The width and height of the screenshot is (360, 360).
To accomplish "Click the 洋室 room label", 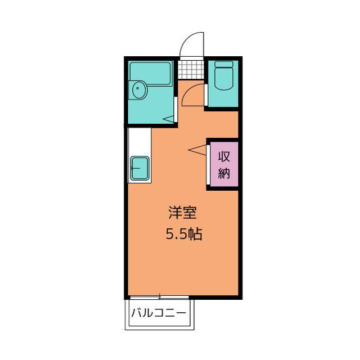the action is tap(182, 213).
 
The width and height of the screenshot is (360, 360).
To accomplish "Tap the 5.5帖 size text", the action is tap(184, 234).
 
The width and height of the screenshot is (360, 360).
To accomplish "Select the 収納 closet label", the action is tap(224, 165).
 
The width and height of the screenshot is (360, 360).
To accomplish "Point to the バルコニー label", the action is tap(159, 313).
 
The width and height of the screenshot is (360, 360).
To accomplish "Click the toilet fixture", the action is tap(224, 75).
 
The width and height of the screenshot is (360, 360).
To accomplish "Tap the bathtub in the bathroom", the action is tap(150, 74).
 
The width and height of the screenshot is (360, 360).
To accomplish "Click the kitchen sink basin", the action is tap(139, 168).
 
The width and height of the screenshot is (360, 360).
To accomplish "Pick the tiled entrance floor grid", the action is tap(191, 70).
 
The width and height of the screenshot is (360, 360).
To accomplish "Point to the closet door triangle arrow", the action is tap(197, 150).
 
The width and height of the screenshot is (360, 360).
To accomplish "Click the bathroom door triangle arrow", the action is tap(168, 119).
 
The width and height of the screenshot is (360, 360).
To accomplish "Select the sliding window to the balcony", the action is tap(159, 298).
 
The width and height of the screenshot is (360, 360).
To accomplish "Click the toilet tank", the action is tap(224, 64).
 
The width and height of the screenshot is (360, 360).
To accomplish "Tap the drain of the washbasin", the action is tap(137, 88).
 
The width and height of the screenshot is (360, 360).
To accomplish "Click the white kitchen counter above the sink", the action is tap(139, 141).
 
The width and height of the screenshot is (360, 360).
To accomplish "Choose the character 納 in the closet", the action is tap(224, 173).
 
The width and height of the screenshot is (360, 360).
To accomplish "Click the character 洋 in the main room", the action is tap(175, 213).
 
